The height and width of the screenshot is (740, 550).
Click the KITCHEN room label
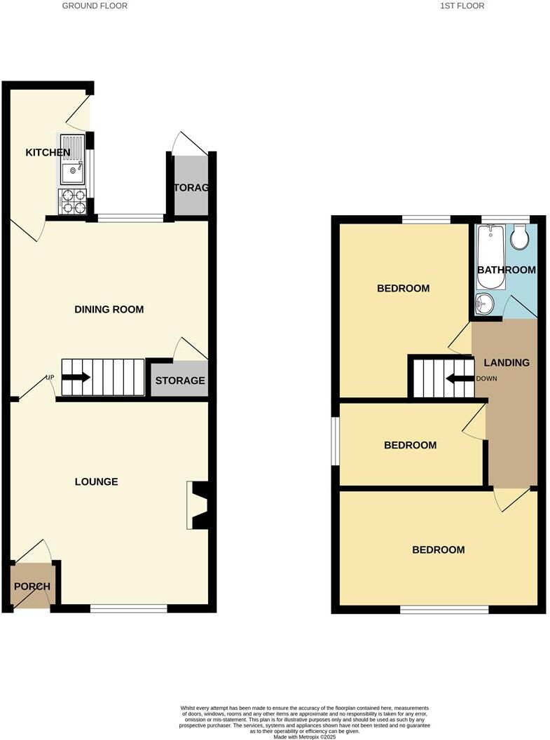coord(48,153)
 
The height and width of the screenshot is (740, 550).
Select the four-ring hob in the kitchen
coord(72,201)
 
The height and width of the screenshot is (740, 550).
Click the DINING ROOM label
coord(109,309)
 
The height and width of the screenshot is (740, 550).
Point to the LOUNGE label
coord(97,481)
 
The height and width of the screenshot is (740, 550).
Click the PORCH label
coord(32,587)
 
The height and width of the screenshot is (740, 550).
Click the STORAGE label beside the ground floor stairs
coord(180,381)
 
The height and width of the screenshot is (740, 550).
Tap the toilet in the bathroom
coord(519,238)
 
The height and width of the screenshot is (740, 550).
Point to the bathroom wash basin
coord(483,304)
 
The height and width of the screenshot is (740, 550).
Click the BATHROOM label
coord(507,270)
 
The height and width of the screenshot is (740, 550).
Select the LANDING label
coord(507,362)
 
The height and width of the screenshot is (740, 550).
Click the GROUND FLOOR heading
coord(95,6)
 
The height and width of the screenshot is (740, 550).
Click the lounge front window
coord(128,608)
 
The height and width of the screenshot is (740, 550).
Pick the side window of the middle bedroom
coord(336,441)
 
